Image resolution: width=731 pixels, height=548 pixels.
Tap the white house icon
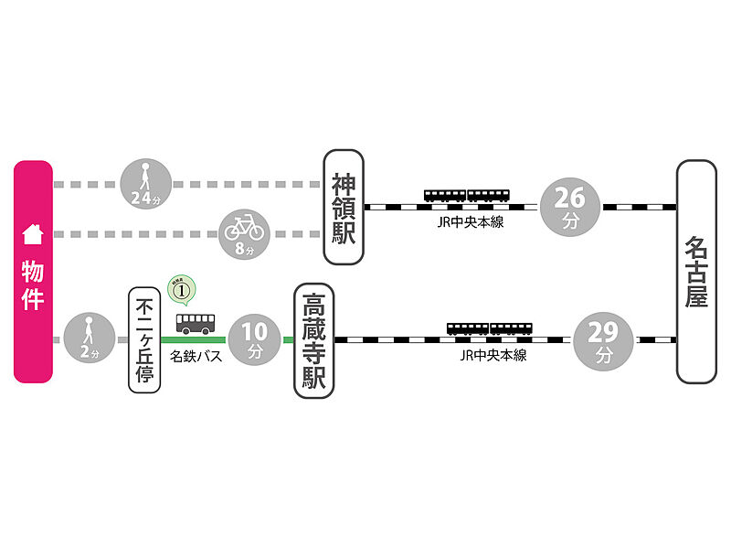[33, 233]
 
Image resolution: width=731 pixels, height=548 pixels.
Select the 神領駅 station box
[344, 207]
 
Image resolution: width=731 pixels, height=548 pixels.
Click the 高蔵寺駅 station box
[313, 340]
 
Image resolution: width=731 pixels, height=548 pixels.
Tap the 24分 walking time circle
[146, 184]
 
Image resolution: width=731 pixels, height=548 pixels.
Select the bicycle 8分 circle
[244, 233]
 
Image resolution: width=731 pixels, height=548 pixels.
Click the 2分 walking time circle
[89, 339]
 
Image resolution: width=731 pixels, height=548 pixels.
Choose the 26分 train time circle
[570, 207]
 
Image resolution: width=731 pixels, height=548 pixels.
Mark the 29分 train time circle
[604, 340]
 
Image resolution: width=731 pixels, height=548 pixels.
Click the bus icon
[196, 322]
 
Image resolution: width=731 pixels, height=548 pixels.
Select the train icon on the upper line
[466, 195]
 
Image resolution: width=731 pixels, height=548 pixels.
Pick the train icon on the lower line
[489, 328]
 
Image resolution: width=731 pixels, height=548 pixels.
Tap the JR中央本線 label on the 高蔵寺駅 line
[493, 355]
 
